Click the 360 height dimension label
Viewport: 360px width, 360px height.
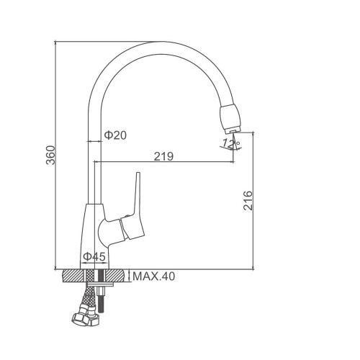click(x=50, y=155)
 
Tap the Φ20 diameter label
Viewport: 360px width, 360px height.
click(x=115, y=135)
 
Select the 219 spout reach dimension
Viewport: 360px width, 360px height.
click(x=163, y=156)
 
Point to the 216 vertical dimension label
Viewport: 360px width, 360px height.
click(x=248, y=201)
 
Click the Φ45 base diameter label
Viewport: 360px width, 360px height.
click(x=94, y=257)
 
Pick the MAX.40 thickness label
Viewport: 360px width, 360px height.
click(x=154, y=276)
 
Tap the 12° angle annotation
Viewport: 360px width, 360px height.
click(x=231, y=143)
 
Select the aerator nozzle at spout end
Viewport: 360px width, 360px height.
click(x=230, y=119)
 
